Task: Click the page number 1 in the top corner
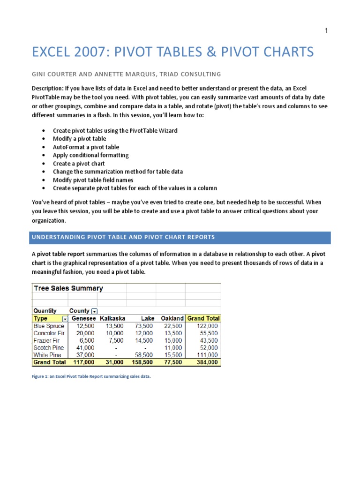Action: click(x=326, y=31)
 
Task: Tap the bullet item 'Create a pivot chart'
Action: click(x=79, y=164)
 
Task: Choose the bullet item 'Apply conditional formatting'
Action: click(x=90, y=155)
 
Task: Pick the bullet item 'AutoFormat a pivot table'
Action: click(x=86, y=147)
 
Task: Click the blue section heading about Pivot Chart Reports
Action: click(x=123, y=237)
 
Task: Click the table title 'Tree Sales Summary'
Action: click(x=68, y=288)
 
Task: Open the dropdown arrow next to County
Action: click(x=94, y=311)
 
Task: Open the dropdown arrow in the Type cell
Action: click(x=65, y=319)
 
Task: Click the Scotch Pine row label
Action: click(x=49, y=348)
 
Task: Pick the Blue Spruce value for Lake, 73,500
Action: click(x=142, y=326)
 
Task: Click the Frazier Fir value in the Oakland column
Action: click(x=173, y=340)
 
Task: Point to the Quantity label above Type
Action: click(x=45, y=311)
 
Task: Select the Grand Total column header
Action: click(x=203, y=319)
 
